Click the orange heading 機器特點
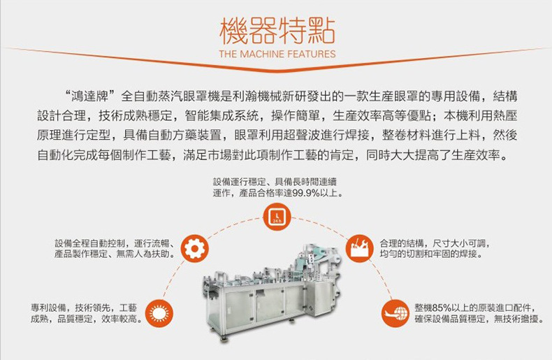pyautogui.click(x=277, y=31)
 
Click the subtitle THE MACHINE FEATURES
pyautogui.click(x=277, y=54)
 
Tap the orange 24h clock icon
pyautogui.click(x=277, y=216)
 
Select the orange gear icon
pyautogui.click(x=195, y=248)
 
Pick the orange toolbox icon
pyautogui.click(x=359, y=248)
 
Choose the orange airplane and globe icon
pyautogui.click(x=395, y=313)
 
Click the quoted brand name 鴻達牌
pyautogui.click(x=90, y=96)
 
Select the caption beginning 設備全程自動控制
pyautogui.click(x=115, y=248)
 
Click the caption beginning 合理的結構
pyautogui.click(x=435, y=248)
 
